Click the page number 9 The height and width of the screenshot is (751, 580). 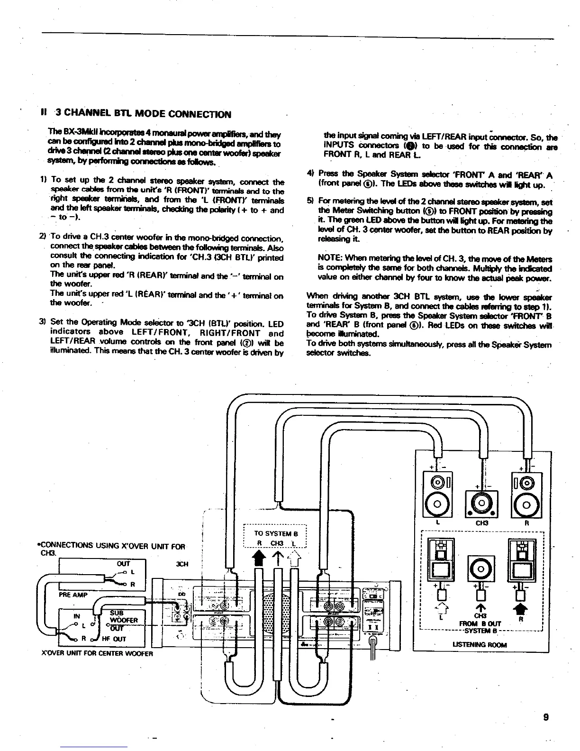pyautogui.click(x=547, y=717)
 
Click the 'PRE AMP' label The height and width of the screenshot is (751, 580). pyautogui.click(x=71, y=595)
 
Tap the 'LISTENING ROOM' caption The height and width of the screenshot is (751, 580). pyautogui.click(x=480, y=645)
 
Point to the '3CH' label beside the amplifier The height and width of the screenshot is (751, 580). pyautogui.click(x=182, y=564)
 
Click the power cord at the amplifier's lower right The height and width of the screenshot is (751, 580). pyautogui.click(x=372, y=649)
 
